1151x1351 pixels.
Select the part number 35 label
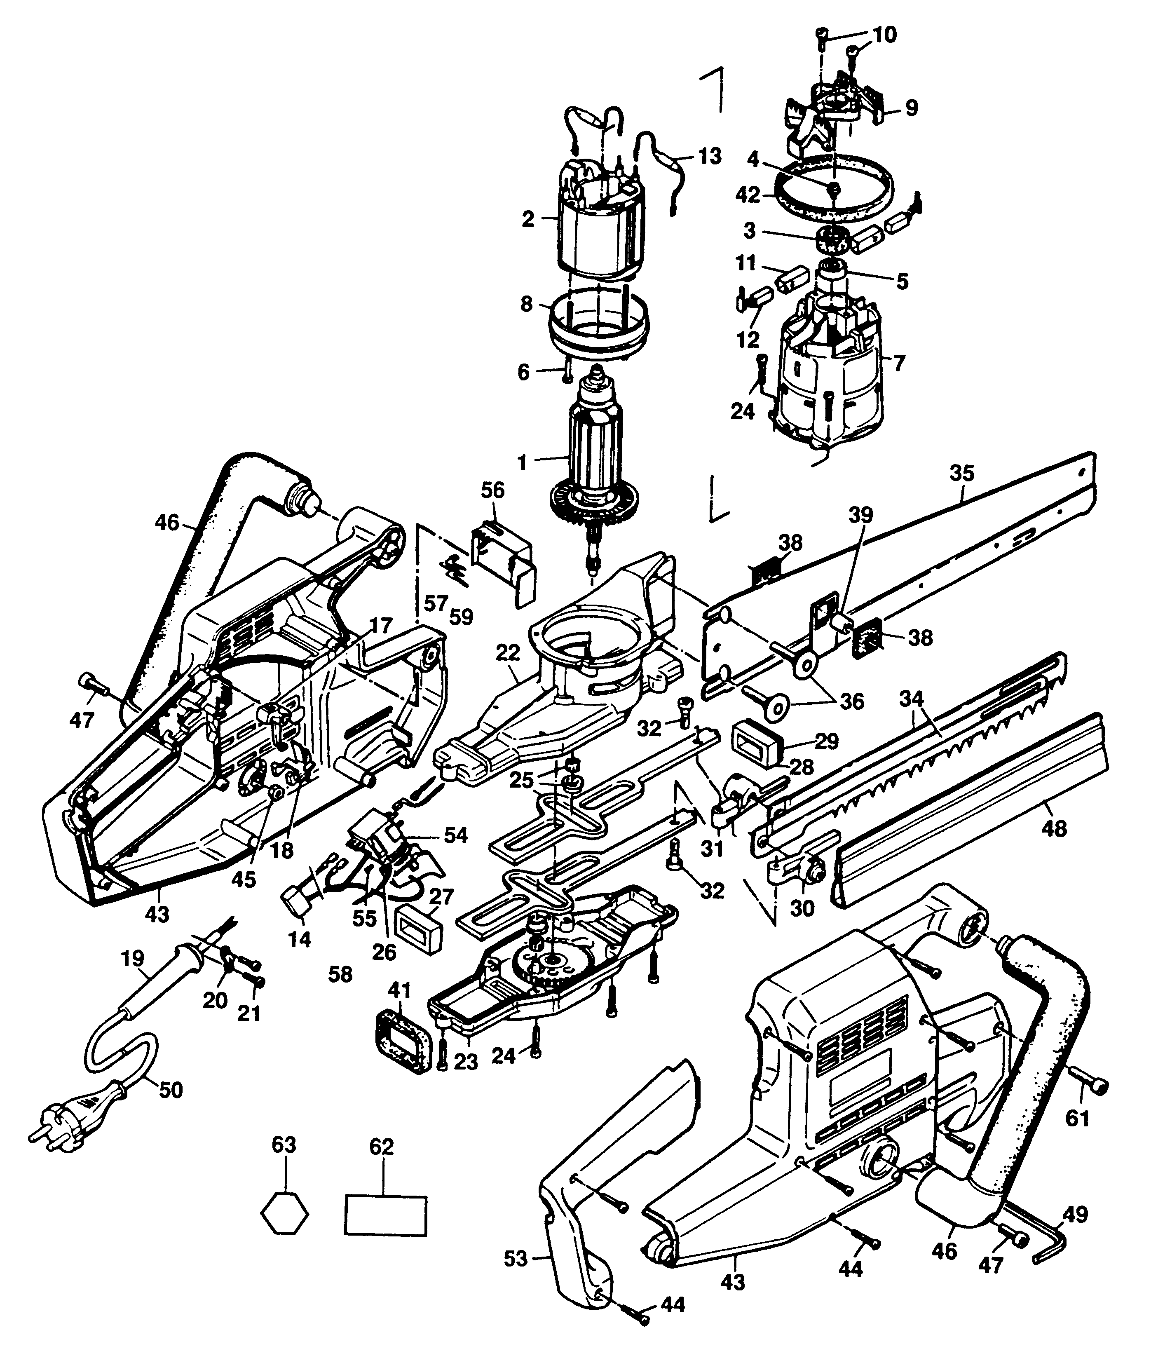[x=961, y=473]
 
